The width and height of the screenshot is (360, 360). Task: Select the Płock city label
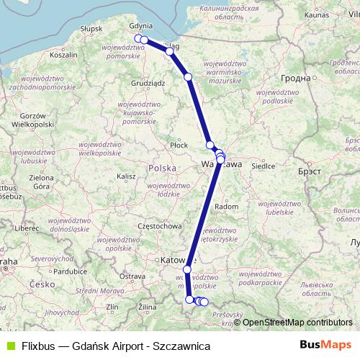click(179, 145)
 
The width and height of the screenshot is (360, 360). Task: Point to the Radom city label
click(227, 206)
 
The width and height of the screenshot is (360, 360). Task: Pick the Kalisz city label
click(127, 176)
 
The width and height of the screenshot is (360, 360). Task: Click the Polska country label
click(161, 167)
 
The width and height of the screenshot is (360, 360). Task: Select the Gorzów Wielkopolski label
click(34, 120)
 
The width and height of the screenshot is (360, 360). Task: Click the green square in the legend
click(9, 345)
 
